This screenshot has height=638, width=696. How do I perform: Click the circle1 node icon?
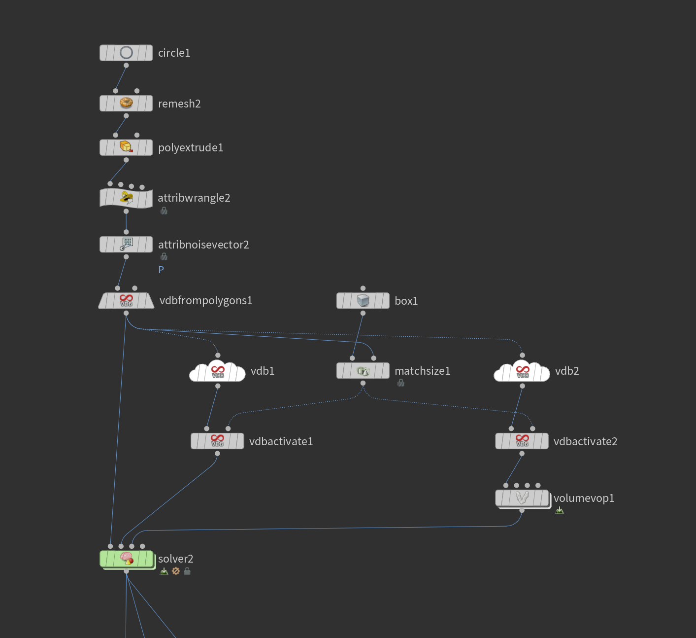(x=126, y=53)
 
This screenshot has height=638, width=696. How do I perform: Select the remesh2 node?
(x=126, y=104)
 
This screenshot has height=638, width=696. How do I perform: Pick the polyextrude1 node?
(x=126, y=147)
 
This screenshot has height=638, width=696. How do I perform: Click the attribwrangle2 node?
(x=126, y=198)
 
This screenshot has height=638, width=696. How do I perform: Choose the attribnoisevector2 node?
(x=126, y=245)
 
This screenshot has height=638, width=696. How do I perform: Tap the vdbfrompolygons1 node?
(x=126, y=301)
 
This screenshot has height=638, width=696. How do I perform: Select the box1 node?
(x=363, y=301)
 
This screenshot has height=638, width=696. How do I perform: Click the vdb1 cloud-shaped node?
(x=217, y=372)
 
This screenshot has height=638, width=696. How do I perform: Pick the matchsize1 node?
(x=363, y=371)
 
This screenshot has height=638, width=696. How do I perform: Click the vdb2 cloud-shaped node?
(x=522, y=372)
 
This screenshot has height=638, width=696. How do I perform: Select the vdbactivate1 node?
(x=217, y=441)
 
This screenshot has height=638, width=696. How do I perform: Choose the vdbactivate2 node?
(x=522, y=441)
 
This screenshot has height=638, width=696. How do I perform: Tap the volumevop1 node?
(x=522, y=498)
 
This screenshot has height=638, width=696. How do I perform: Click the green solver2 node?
(x=126, y=559)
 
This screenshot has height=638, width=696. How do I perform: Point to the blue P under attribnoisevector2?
(x=161, y=270)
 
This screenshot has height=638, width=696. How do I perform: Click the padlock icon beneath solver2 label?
(x=187, y=571)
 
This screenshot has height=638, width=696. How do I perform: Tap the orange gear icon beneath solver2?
(x=176, y=571)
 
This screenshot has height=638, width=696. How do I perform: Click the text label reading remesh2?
(x=179, y=104)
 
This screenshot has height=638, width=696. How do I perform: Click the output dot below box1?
(x=363, y=313)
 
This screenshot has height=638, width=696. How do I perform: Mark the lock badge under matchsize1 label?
(x=401, y=383)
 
